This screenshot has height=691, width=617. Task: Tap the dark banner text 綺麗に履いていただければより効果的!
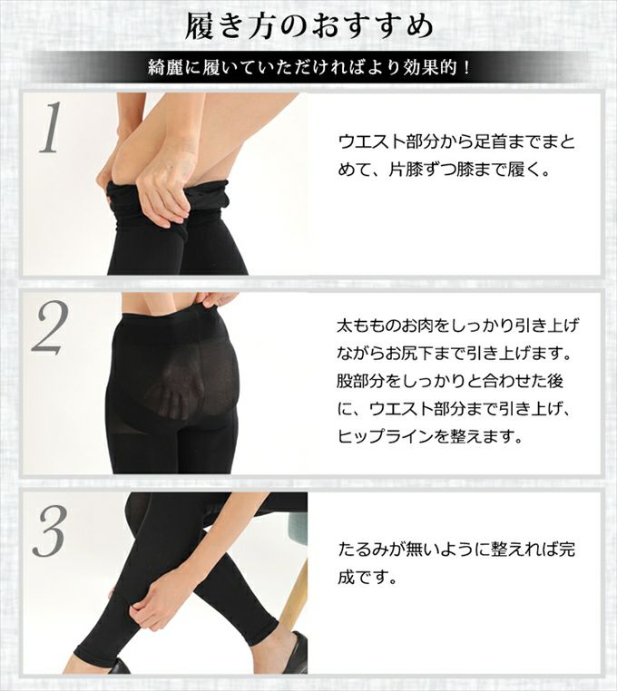(308, 67)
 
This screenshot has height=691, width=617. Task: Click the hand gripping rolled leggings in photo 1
(163, 181)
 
